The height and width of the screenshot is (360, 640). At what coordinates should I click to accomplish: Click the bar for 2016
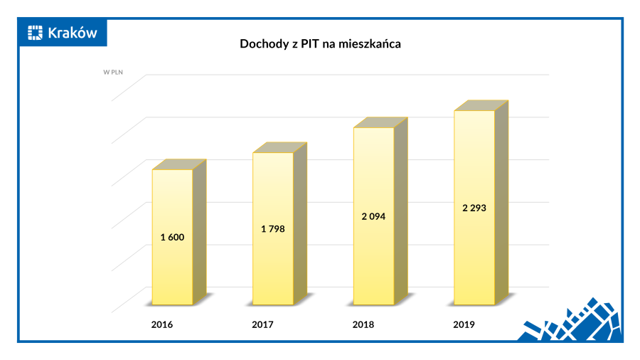pyautogui.click(x=172, y=270)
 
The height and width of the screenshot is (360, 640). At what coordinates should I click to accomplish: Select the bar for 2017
pyautogui.click(x=273, y=263)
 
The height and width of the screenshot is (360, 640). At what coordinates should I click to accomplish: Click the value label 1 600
pyautogui.click(x=173, y=237)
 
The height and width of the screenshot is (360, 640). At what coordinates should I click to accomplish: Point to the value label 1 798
pyautogui.click(x=273, y=228)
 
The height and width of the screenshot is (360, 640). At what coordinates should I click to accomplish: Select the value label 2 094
pyautogui.click(x=374, y=216)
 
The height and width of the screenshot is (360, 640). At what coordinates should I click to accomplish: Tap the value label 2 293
pyautogui.click(x=474, y=208)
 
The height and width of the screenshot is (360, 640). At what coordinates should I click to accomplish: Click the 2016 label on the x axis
pyautogui.click(x=162, y=325)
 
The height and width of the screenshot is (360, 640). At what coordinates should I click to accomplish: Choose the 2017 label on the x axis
pyautogui.click(x=262, y=325)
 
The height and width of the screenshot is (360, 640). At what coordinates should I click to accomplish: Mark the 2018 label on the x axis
pyautogui.click(x=363, y=325)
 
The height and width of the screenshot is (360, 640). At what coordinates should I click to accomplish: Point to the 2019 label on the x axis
pyautogui.click(x=464, y=325)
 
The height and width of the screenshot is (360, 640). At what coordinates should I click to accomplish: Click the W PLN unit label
pyautogui.click(x=114, y=72)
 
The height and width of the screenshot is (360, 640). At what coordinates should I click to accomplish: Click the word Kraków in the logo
pyautogui.click(x=72, y=33)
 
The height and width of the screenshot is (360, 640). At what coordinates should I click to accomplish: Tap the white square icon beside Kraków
pyautogui.click(x=36, y=33)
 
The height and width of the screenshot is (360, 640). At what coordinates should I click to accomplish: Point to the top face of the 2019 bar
pyautogui.click(x=481, y=105)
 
